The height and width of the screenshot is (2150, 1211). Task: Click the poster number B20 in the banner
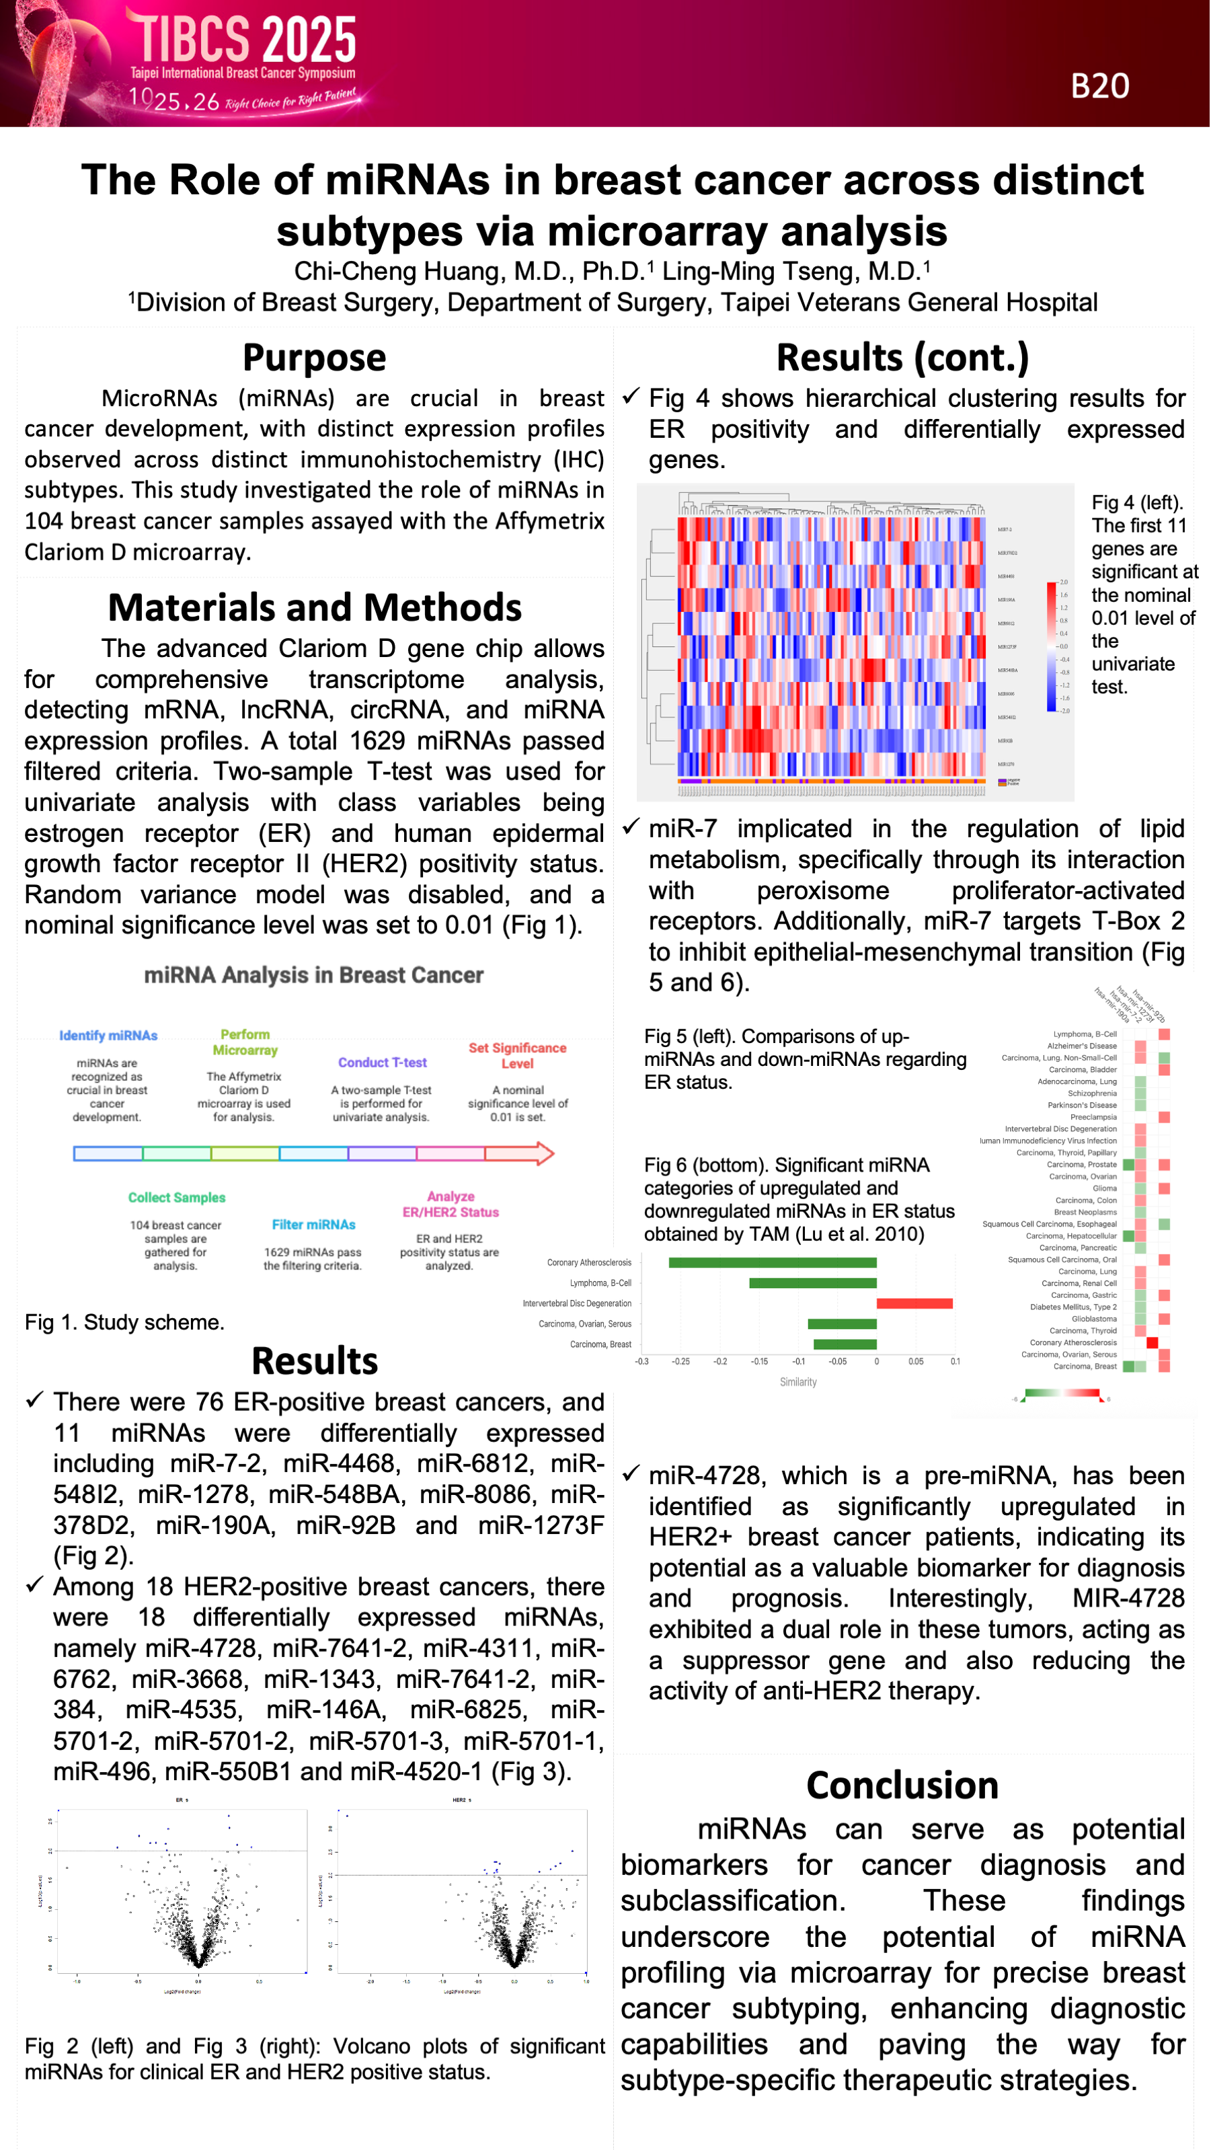[x=1099, y=86]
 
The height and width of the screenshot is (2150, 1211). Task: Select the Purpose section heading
[x=314, y=357]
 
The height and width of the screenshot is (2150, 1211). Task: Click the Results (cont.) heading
[x=902, y=357]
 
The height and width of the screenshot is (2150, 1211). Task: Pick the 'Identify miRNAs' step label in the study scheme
[x=108, y=1035]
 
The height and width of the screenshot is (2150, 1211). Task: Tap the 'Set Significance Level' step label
[x=518, y=1055]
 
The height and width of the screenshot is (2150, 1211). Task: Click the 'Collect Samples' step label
[x=176, y=1197]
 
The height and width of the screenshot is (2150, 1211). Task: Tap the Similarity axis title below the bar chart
[x=798, y=1382]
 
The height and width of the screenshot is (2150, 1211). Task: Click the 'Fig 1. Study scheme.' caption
[x=124, y=1322]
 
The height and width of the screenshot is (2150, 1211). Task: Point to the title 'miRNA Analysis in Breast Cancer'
[x=314, y=975]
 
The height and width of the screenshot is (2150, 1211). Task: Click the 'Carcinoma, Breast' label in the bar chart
[x=601, y=1344]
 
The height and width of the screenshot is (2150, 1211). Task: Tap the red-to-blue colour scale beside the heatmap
[x=1051, y=647]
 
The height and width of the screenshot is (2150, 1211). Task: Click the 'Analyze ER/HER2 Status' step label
[x=451, y=1204]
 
